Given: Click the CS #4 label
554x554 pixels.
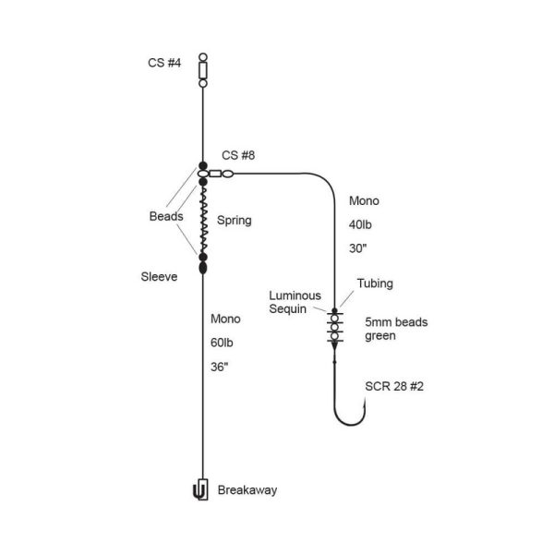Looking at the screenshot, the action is coord(164,63).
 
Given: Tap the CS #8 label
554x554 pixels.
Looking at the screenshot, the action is coord(238,155).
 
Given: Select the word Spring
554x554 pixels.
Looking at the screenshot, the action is coord(235,220).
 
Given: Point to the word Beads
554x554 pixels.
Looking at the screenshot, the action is coord(166,216).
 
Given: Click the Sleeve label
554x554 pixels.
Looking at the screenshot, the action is coord(159,277).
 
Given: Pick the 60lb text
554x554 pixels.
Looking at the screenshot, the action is coord(222,343).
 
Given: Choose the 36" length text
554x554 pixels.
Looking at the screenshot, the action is coord(219,367).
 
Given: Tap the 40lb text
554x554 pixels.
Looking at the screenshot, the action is coord(360,224).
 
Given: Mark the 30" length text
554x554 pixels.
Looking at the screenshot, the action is coord(357,248).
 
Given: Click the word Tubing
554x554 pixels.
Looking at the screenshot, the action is coord(375,283).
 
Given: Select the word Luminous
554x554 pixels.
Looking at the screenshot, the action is coord(295,295).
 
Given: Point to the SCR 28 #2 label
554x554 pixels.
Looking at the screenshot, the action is coord(394,386).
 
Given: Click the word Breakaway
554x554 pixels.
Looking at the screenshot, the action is coord(247,490).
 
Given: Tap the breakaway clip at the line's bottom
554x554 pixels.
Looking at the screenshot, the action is coord(200,489).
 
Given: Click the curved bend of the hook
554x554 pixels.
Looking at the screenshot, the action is coord(350,423).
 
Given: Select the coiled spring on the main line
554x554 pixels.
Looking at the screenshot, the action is coord(203,219).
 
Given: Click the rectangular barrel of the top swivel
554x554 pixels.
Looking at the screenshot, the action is coord(203,70).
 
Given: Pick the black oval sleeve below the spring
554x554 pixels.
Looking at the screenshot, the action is coord(203,268).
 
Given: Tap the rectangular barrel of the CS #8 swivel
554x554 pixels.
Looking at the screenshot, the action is coord(215,174).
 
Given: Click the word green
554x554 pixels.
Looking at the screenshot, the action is coord(380,336).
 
